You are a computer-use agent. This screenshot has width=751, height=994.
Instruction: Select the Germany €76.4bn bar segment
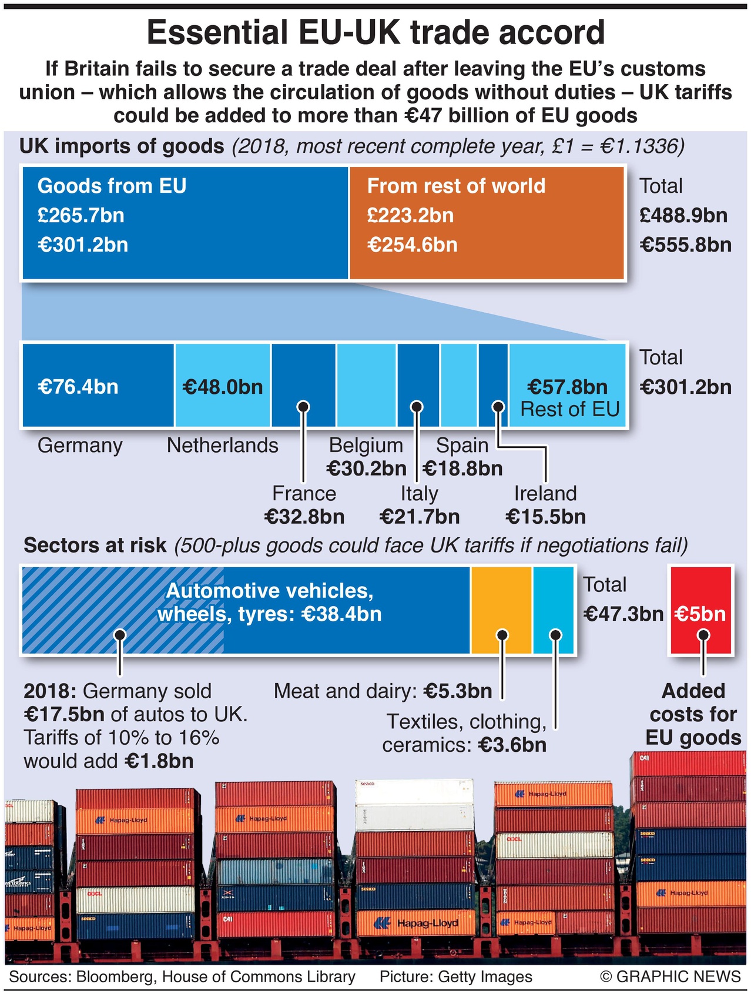(x=98, y=386)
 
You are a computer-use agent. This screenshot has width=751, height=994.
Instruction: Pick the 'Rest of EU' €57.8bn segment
(x=567, y=386)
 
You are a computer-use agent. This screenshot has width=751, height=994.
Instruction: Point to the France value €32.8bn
(x=304, y=517)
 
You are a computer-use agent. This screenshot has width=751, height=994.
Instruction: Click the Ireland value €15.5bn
(x=545, y=517)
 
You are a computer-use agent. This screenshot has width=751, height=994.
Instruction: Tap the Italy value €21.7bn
(x=420, y=517)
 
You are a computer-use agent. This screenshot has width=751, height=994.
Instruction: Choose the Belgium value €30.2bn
(x=366, y=468)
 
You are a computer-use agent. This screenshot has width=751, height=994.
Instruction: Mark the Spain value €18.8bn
(x=463, y=468)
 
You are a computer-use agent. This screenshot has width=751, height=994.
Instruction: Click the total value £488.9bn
(x=683, y=215)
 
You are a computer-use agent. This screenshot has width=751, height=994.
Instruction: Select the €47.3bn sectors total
(x=623, y=614)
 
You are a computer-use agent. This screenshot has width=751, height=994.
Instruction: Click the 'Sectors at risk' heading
(x=95, y=545)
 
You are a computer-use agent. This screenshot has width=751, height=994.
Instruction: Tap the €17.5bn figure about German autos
(x=64, y=714)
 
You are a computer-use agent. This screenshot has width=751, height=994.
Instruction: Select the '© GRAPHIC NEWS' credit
(x=670, y=976)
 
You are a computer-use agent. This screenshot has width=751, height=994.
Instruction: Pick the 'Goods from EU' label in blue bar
(x=112, y=186)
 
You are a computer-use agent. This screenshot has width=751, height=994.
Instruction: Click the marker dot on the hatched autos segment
(x=120, y=635)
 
